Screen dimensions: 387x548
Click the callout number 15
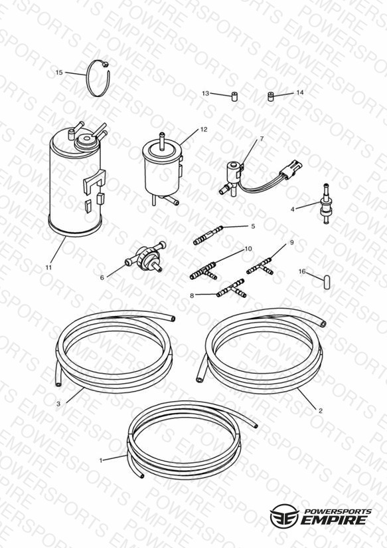click(x=59, y=72)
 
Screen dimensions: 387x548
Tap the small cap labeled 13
click(x=234, y=96)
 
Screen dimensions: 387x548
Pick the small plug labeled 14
click(x=270, y=96)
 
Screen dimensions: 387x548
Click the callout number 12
click(x=204, y=129)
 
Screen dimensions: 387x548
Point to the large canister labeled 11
click(x=76, y=180)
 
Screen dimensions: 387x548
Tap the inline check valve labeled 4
click(x=325, y=204)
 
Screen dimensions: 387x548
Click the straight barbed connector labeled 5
click(x=208, y=235)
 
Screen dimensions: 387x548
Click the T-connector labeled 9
click(x=260, y=266)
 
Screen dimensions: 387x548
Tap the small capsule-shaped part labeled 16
click(x=327, y=282)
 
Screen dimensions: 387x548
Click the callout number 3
click(x=58, y=404)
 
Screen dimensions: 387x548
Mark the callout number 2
click(x=321, y=410)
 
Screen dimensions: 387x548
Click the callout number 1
click(x=101, y=460)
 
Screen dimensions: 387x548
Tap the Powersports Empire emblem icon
click(x=284, y=515)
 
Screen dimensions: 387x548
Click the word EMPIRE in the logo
click(x=334, y=519)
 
